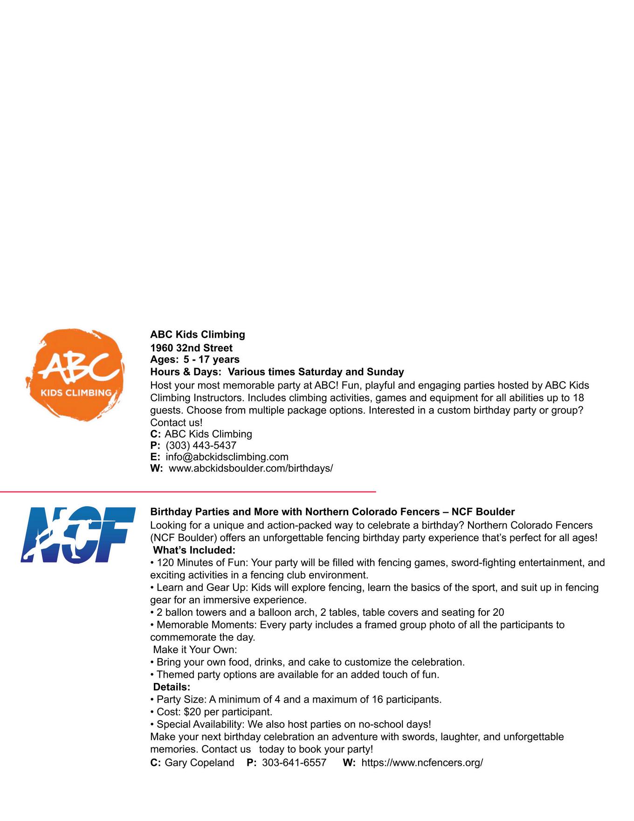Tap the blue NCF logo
pyautogui.click(x=78, y=535)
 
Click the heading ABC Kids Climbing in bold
pyautogui.click(x=197, y=334)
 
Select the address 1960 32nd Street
pyautogui.click(x=191, y=348)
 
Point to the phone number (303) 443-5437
pyautogui.click(x=201, y=445)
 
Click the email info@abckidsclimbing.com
pyautogui.click(x=227, y=457)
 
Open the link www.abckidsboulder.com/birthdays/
pyautogui.click(x=251, y=468)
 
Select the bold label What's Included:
pyautogui.click(x=194, y=550)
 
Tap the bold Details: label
pyautogui.click(x=172, y=687)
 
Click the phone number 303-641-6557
pyautogui.click(x=294, y=763)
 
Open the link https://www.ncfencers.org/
pyautogui.click(x=422, y=763)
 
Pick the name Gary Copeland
pyautogui.click(x=200, y=763)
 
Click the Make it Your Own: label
pyautogui.click(x=195, y=650)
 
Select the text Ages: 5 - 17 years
pyautogui.click(x=194, y=360)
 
